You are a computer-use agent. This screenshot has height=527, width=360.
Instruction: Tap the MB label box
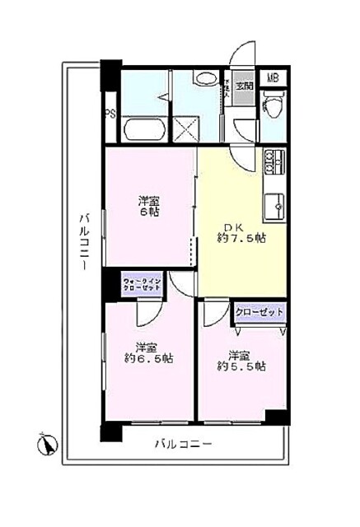tap(272, 79)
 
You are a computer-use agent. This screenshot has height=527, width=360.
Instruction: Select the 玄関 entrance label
tap(245, 85)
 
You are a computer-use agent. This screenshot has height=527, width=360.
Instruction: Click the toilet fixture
tap(272, 105)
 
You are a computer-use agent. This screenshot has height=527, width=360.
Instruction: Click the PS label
tap(109, 114)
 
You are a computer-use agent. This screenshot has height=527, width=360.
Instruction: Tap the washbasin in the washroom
tap(205, 79)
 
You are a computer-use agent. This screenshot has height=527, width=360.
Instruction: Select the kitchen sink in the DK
tap(274, 201)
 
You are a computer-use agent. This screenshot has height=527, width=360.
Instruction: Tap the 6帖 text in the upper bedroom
tap(148, 212)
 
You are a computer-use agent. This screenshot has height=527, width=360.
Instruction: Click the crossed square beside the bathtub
tap(185, 128)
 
